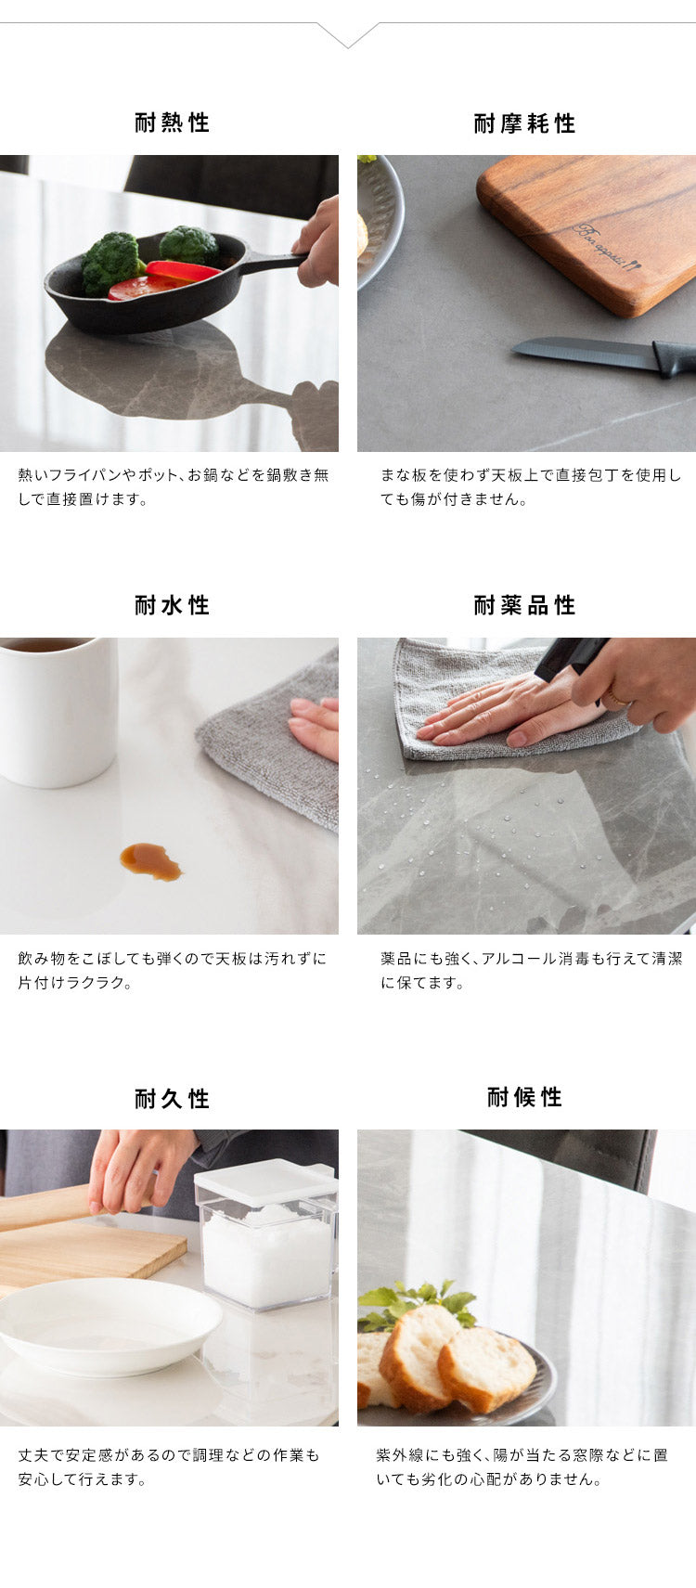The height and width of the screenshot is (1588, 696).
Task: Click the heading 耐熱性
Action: click(172, 123)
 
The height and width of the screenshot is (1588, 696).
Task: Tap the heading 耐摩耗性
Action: click(524, 123)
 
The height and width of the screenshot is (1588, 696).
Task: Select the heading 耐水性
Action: click(172, 605)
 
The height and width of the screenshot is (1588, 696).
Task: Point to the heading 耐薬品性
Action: click(524, 605)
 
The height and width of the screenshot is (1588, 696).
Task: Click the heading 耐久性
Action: click(172, 1099)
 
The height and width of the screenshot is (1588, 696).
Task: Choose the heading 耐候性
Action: click(524, 1097)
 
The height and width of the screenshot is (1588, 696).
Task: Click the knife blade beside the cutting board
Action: click(580, 351)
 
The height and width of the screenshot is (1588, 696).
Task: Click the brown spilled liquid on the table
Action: click(150, 860)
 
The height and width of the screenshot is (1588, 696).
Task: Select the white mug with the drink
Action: click(58, 710)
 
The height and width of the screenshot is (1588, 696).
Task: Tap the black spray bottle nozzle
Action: click(568, 655)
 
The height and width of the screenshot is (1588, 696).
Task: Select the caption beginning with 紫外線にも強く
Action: click(522, 1467)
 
